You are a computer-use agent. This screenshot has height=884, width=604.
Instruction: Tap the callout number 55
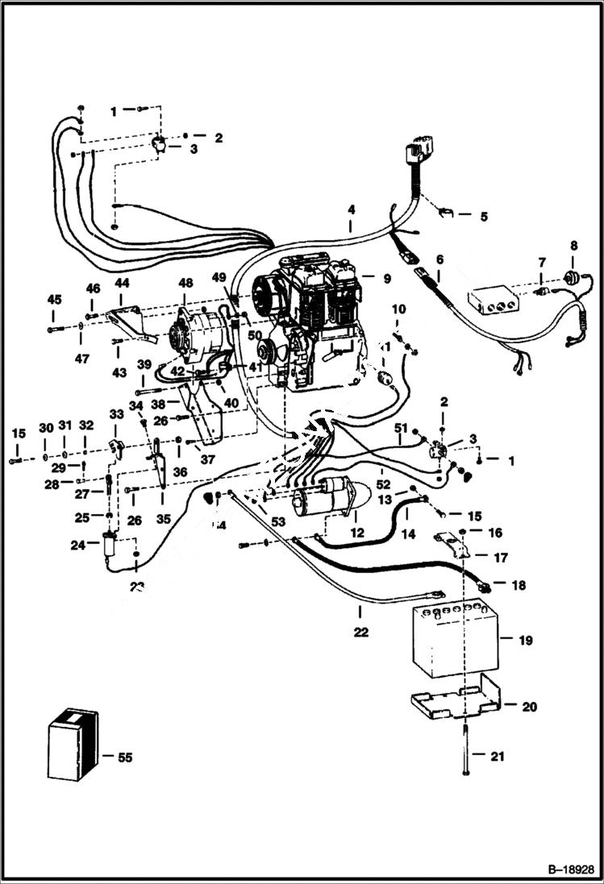[124, 757]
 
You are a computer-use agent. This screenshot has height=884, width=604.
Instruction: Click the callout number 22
[360, 633]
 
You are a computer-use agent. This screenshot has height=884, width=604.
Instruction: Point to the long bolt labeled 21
[466, 749]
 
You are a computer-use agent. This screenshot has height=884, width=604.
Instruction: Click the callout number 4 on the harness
[351, 210]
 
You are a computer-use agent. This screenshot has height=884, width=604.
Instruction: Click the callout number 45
[54, 300]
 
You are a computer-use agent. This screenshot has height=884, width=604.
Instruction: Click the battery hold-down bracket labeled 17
[456, 548]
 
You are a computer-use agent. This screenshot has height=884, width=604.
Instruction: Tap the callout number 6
[439, 259]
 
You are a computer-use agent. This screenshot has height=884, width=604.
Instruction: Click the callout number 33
[117, 413]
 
